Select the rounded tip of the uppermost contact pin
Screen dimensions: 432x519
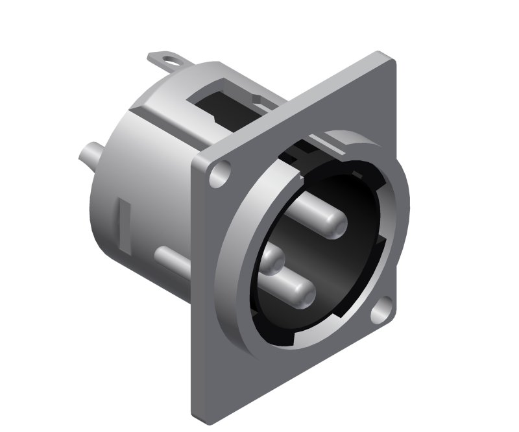click(x=333, y=225)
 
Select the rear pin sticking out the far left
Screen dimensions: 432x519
click(x=86, y=156)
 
